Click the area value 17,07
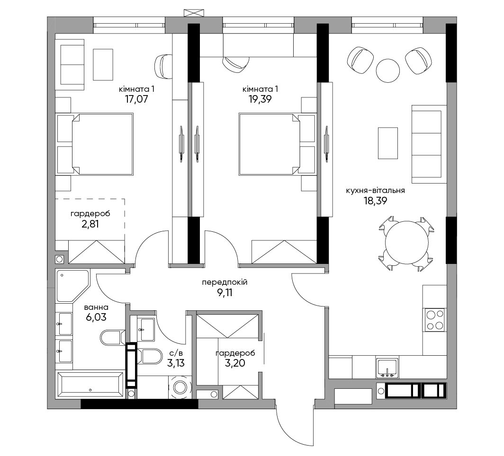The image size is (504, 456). [x=136, y=99]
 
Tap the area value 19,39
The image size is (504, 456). [x=260, y=99]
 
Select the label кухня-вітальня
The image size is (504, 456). [x=376, y=190]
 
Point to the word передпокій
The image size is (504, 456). [x=225, y=282]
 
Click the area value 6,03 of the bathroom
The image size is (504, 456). [x=96, y=317]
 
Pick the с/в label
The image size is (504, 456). [x=176, y=353]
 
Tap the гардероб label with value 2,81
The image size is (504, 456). [x=90, y=214]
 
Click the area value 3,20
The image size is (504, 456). [x=235, y=363]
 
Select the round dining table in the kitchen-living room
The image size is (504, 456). [x=406, y=243]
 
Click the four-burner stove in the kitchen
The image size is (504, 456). [x=434, y=320]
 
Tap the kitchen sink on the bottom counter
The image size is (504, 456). [x=387, y=368]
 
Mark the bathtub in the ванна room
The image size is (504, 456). [x=90, y=385]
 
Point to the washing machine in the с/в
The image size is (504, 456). [x=180, y=387]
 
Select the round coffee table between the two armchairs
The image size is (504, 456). [x=388, y=70]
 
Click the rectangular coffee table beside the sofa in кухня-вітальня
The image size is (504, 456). [x=388, y=143]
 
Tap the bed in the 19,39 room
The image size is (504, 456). [x=277, y=144]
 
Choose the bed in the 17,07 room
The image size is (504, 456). [x=95, y=144]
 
